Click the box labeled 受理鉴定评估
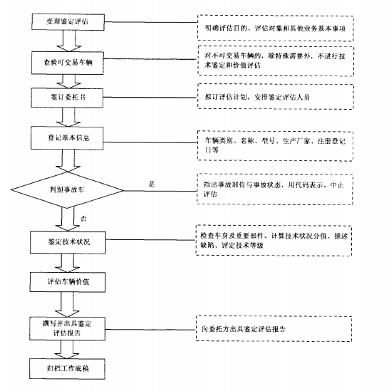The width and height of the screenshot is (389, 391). click(68, 22)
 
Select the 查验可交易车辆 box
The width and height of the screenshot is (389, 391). click(68, 63)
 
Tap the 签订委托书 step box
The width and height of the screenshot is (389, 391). click(67, 98)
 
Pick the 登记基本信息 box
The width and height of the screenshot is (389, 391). click(67, 138)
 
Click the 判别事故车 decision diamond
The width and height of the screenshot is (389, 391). click(67, 190)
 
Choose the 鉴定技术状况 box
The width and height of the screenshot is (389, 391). click(68, 242)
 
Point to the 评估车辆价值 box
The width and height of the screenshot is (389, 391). click(68, 282)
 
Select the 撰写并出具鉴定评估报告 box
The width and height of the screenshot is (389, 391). click(68, 328)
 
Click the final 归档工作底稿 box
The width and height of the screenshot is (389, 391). click(67, 369)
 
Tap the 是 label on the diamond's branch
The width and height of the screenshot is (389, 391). click(152, 184)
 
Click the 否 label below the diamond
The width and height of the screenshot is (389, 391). click(83, 219)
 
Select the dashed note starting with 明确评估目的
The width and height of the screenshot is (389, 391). click(276, 28)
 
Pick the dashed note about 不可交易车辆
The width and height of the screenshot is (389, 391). click(276, 61)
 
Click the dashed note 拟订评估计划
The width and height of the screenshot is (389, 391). click(276, 97)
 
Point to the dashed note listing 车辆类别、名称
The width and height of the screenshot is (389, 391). click(275, 146)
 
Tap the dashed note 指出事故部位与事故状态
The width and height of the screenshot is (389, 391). click(275, 189)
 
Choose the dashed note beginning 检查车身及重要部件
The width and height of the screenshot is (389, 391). click(274, 241)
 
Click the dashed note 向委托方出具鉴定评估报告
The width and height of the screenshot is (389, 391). click(274, 328)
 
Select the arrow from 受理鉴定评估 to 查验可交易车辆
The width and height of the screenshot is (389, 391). click(69, 41)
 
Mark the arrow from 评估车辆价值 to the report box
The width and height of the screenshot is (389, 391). click(68, 305)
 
